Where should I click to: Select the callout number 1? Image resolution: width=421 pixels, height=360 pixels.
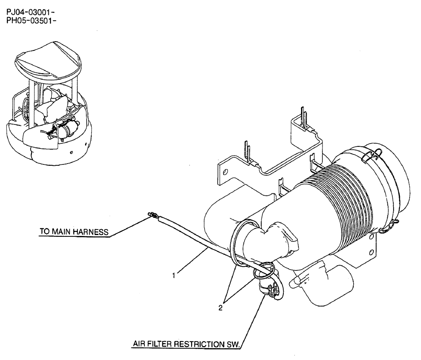coord(173,276)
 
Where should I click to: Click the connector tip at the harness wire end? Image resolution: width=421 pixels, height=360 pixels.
coord(150,216)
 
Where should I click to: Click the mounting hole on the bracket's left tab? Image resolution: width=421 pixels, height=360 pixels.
coord(226,172)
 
